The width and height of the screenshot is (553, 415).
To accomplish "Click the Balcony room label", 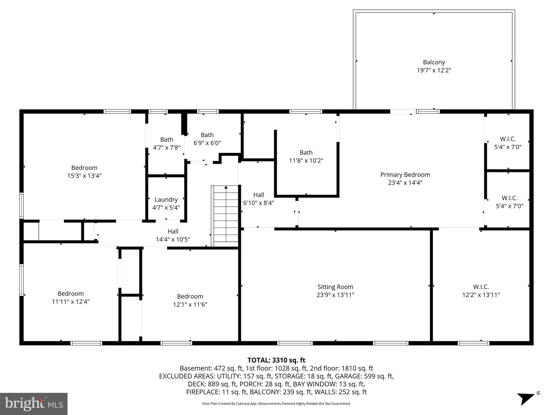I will click(x=434, y=62).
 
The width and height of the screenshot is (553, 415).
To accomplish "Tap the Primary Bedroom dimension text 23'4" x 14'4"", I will click(x=405, y=183).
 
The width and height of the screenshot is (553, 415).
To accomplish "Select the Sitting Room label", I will click(x=335, y=287).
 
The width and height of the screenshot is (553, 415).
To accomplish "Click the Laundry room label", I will click(x=166, y=199).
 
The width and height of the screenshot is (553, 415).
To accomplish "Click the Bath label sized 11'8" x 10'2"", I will click(x=306, y=152).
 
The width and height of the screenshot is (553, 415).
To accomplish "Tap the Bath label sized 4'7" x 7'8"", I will click(x=167, y=139).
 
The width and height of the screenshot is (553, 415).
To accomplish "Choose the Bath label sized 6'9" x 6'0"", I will click(x=207, y=135).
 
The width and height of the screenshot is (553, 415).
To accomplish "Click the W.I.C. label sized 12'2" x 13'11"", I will click(x=481, y=287).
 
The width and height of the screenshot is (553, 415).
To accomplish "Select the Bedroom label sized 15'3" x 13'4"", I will click(x=84, y=168).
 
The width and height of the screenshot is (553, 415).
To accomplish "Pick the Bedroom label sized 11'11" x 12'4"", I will click(x=70, y=293).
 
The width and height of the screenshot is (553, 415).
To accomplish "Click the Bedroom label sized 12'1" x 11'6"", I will click(x=190, y=296).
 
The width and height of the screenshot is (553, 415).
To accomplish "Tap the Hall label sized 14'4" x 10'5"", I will click(x=173, y=231).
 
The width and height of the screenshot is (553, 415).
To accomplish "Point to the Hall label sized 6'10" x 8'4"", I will click(x=258, y=195).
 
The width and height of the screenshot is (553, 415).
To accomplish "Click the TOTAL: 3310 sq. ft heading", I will click(x=276, y=360).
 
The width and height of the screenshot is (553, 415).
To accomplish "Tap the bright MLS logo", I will click(x=33, y=404).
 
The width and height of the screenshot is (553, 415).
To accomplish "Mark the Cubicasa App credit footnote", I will click(x=276, y=404).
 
